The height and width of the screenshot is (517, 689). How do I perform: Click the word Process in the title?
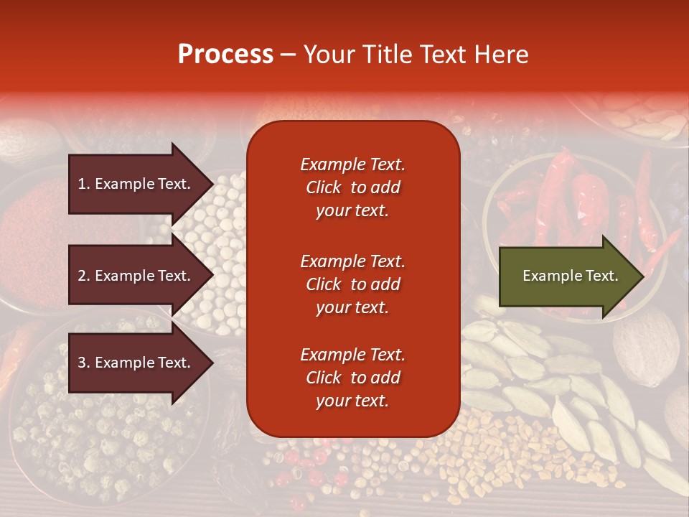(225, 55)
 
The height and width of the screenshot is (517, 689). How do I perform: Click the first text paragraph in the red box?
(352, 187)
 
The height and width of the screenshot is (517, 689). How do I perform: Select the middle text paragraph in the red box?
(352, 284)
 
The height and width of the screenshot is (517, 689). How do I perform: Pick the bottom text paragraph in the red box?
(352, 378)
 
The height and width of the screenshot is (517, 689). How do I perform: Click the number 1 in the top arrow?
(82, 184)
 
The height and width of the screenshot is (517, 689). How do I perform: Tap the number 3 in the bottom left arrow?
(82, 363)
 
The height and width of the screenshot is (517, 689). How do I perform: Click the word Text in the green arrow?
(601, 276)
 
